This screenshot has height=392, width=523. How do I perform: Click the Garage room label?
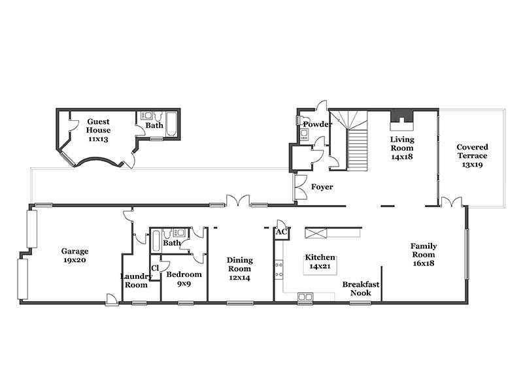click(x=75, y=251)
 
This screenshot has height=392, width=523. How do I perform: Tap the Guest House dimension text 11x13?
click(x=98, y=139)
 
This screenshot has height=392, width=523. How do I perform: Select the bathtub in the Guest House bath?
click(x=172, y=124)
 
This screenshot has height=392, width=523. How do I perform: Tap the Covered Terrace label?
click(x=472, y=152)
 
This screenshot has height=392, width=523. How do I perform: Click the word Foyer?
click(x=322, y=187)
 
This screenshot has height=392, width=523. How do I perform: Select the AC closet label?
click(x=281, y=231)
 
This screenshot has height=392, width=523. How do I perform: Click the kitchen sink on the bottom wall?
click(x=305, y=297)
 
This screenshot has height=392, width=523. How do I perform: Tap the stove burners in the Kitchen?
click(x=279, y=270)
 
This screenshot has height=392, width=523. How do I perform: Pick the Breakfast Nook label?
click(x=361, y=289)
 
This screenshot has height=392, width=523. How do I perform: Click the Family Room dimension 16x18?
click(x=423, y=263)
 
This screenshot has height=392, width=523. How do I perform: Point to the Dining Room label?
click(x=239, y=265)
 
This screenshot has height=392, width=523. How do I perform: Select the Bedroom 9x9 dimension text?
click(x=184, y=284)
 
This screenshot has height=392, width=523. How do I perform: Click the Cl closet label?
click(x=155, y=268)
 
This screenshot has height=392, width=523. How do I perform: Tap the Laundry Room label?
click(x=136, y=281)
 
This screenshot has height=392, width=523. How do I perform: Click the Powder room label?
click(x=317, y=124)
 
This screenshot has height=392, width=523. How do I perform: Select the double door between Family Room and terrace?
click(x=452, y=202)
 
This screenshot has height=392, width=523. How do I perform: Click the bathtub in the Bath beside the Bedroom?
click(x=156, y=241)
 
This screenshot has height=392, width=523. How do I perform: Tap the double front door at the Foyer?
click(x=300, y=187)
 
